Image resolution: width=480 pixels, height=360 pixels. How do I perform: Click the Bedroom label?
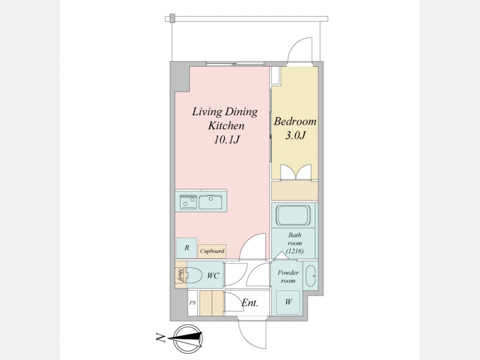[295, 122]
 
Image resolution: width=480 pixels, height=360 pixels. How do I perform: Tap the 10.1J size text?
[226, 140]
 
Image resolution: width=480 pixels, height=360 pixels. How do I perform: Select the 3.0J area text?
[295, 135]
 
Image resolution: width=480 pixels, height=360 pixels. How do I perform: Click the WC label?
[213, 276]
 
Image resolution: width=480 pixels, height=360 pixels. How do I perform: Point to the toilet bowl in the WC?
[193, 275]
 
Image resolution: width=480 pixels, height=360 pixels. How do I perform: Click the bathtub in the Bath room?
[293, 215]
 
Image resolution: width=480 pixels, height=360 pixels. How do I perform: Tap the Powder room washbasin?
[311, 276]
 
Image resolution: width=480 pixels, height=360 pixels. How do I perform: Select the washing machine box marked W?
[288, 302]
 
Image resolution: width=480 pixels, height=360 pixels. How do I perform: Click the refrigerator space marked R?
[187, 248]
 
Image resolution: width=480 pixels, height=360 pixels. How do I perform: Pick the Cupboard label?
[212, 251]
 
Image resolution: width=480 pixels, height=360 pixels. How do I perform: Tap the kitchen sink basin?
[210, 202]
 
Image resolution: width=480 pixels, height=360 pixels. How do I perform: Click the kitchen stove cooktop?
[188, 202]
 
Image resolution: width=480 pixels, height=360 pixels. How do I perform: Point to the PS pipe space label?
[192, 303]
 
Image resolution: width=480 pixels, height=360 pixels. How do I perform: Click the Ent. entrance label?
[250, 303]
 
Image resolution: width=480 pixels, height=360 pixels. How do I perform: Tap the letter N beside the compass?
[161, 338]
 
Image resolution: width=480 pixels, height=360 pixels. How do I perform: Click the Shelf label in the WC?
[180, 275]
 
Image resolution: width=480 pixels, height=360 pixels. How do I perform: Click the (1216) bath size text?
[294, 251]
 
